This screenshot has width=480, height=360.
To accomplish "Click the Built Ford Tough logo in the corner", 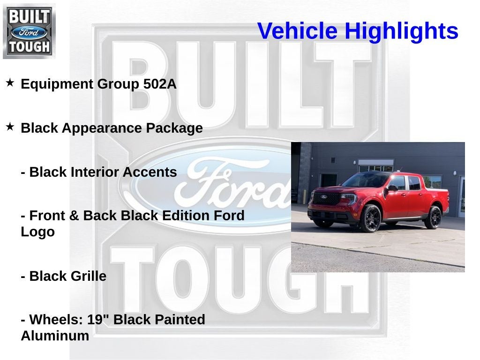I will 29,31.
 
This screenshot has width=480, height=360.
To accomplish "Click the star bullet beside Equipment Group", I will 10,83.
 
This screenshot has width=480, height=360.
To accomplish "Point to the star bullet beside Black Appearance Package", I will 10,127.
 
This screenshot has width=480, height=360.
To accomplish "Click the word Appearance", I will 101,128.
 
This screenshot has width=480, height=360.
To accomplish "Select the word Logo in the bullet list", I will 37,232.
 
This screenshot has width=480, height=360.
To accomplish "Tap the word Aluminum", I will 55,336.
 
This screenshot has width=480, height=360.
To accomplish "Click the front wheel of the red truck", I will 371,218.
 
